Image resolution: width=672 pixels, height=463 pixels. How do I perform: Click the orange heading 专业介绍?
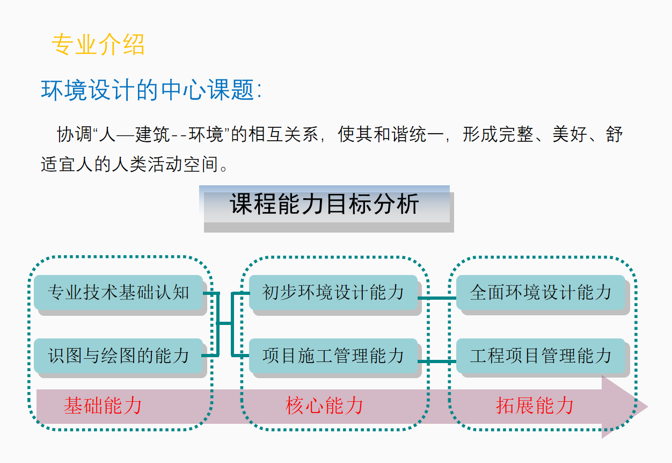click(x=98, y=45)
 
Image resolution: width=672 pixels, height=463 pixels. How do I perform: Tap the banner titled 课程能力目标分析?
click(x=325, y=205)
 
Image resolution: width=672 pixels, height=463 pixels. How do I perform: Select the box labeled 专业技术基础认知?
click(x=118, y=292)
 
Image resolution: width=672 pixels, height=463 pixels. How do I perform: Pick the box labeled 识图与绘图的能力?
click(x=118, y=356)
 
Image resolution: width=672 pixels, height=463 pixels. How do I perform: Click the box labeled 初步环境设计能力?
click(x=333, y=292)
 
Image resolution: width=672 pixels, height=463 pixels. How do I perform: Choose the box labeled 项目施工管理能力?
click(x=333, y=356)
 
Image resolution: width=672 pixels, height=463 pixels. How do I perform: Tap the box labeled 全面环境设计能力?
click(x=540, y=292)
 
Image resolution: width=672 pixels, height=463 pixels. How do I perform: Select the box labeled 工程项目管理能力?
click(x=540, y=356)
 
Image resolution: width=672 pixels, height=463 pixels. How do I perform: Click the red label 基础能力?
click(x=103, y=406)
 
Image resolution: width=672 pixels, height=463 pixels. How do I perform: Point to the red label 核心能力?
click(x=324, y=406)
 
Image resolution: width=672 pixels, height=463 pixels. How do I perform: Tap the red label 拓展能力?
click(x=535, y=406)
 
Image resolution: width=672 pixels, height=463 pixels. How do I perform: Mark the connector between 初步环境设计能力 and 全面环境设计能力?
click(x=437, y=298)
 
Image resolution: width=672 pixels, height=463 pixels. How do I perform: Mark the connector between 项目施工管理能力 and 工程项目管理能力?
click(x=437, y=361)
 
